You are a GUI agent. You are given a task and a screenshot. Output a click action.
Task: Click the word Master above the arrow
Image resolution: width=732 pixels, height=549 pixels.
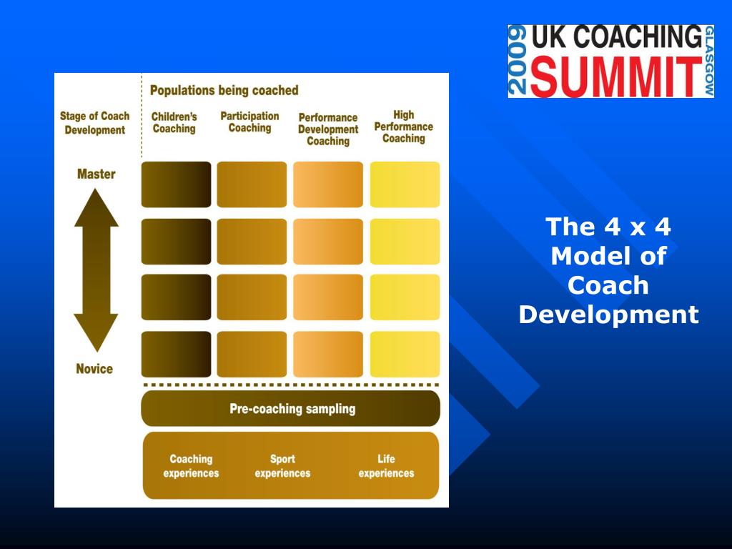click(x=96, y=174)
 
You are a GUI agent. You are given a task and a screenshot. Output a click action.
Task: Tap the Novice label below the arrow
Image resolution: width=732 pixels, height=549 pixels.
click(x=94, y=369)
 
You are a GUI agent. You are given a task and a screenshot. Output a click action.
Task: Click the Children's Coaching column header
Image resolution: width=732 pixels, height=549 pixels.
click(x=174, y=123)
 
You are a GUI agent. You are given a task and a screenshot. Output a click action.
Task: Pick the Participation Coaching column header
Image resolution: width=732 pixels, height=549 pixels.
click(x=249, y=122)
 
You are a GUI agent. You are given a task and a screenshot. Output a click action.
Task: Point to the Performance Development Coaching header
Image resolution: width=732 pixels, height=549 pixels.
click(x=328, y=129)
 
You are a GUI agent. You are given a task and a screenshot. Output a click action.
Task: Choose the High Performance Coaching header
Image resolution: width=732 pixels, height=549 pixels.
click(x=404, y=127)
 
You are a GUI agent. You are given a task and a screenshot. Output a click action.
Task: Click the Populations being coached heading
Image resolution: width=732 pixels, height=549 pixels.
click(x=224, y=91)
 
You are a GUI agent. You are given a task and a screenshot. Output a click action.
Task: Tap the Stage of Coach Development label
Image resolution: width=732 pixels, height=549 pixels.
click(x=94, y=123)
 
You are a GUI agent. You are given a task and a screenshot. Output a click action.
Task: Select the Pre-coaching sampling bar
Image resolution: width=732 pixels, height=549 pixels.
click(x=291, y=409)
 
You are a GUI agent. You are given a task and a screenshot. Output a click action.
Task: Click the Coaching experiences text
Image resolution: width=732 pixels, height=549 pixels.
click(x=191, y=466)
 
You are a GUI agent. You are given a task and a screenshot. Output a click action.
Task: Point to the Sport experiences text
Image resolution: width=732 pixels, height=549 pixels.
click(x=282, y=466)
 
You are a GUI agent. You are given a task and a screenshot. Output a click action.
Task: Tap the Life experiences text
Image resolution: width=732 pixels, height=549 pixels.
click(x=386, y=466)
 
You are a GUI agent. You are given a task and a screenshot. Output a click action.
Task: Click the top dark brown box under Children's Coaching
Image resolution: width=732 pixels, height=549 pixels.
click(x=176, y=184)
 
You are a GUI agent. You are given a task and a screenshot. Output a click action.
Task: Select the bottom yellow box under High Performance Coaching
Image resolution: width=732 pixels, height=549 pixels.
click(x=405, y=354)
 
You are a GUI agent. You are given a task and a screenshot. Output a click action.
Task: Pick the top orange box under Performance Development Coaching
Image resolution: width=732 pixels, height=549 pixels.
click(x=328, y=184)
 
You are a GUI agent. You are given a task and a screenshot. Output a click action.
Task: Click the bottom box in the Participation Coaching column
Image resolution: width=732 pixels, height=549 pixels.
click(x=252, y=354)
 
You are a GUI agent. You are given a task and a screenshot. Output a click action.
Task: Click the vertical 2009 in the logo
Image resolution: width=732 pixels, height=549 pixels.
click(x=518, y=61)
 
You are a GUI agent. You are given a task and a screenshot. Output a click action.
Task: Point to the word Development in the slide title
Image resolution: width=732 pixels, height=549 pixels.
click(x=608, y=315)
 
